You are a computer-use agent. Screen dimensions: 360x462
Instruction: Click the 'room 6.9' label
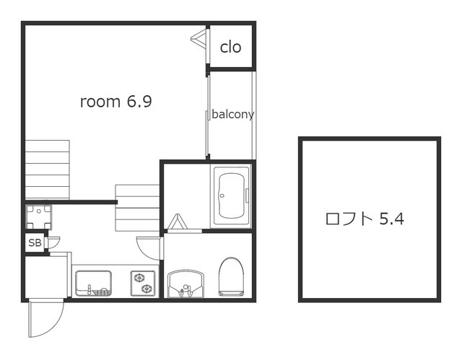point(115,102)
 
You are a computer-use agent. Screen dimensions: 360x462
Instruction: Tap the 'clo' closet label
point(230,48)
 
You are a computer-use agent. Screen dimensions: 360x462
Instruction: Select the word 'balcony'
point(232,114)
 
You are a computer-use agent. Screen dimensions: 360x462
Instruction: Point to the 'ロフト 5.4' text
point(364,219)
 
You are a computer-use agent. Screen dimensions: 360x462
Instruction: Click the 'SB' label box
point(35,243)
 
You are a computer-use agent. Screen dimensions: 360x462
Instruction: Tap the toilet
point(232,276)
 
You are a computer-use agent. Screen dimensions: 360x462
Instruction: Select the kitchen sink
point(92,282)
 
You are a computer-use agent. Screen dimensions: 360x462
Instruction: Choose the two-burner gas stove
point(142,282)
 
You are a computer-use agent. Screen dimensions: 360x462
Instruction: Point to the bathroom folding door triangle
point(179,222)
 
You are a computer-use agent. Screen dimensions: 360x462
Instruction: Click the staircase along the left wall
point(48,169)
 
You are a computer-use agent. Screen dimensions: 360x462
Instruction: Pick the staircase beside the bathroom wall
point(136,208)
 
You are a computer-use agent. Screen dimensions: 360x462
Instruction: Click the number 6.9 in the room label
point(139,102)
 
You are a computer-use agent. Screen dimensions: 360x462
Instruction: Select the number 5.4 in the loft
point(392,219)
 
